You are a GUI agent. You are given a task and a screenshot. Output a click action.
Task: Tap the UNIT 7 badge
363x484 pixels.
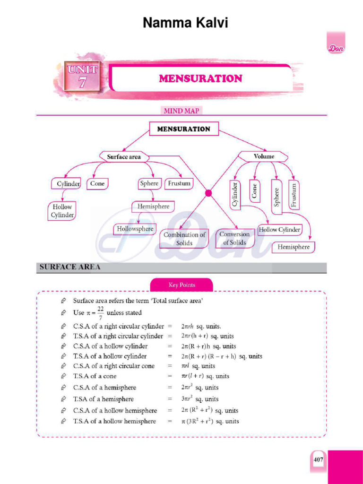(x=82, y=77)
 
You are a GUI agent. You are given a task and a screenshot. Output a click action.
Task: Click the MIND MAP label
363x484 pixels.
(x=181, y=111)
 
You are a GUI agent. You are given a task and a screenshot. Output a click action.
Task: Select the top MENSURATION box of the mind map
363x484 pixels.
(x=184, y=129)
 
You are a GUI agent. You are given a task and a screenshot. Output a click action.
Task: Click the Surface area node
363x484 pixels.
(x=124, y=156)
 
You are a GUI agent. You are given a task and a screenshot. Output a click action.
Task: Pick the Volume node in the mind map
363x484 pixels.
(x=264, y=156)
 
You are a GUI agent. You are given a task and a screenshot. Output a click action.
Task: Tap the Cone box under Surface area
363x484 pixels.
(x=97, y=183)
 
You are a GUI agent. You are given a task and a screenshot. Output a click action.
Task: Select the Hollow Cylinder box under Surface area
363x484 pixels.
(x=62, y=211)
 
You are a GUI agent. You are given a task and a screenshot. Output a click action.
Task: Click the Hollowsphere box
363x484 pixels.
(x=136, y=229)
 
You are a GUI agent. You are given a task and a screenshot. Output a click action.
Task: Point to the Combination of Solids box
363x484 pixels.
(x=184, y=239)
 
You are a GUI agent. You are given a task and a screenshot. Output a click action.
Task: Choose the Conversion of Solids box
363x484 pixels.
(x=234, y=238)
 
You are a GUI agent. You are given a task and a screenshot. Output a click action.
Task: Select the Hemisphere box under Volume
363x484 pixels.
(x=294, y=247)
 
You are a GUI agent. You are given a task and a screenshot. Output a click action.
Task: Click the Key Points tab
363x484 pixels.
(x=181, y=285)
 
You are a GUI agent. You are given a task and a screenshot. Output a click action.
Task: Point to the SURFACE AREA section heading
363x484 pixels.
(x=70, y=268)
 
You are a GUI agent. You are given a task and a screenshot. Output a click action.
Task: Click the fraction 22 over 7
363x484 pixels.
(x=100, y=312)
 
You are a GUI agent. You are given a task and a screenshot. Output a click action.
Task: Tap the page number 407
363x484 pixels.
(x=318, y=459)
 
